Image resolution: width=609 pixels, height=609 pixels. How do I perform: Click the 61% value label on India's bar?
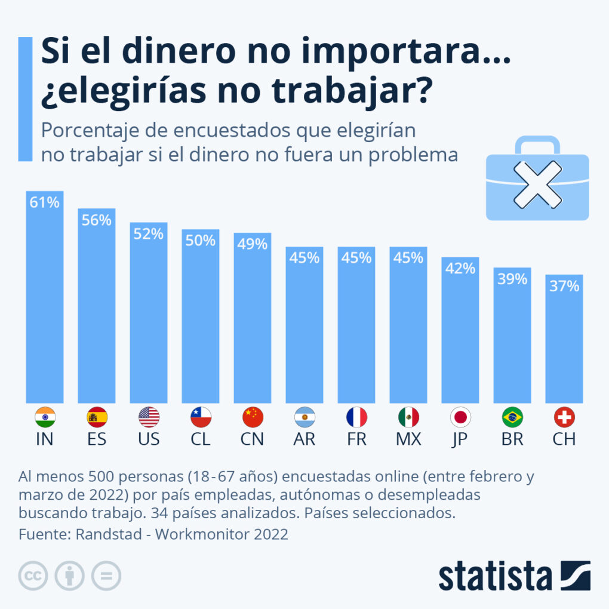point(45,203)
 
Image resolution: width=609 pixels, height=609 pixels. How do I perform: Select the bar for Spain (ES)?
point(97,310)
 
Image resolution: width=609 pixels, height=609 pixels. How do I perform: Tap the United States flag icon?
point(149,417)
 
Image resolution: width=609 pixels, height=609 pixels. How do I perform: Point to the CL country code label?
point(201,439)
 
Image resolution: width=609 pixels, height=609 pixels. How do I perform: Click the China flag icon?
point(253,417)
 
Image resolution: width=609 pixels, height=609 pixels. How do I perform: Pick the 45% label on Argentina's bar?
point(304,258)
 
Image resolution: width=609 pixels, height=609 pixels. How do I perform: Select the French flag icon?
point(356,417)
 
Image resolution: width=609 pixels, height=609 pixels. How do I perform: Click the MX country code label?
point(408,439)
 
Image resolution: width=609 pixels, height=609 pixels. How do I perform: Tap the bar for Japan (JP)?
point(460,334)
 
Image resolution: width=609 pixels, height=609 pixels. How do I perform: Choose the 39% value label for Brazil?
point(512,279)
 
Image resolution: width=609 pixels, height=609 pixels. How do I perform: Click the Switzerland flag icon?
point(564,417)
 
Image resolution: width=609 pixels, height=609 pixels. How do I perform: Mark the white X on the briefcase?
point(537,184)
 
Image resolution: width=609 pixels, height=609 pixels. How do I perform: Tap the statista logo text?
point(495,576)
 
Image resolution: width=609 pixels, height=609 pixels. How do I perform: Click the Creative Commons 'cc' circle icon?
point(33,576)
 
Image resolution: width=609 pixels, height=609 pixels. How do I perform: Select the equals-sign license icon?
point(106,576)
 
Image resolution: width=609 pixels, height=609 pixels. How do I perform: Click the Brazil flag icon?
point(512,417)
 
